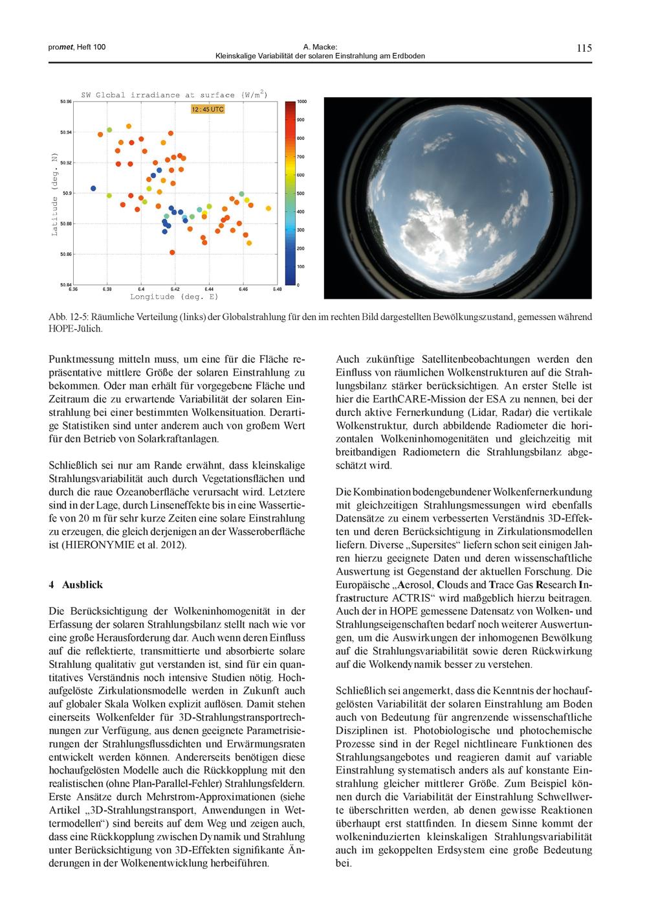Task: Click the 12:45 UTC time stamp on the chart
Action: [x=208, y=109]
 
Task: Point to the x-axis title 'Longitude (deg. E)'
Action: [x=174, y=297]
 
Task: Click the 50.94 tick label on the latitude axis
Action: [x=65, y=132]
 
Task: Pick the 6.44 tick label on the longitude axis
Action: [x=208, y=289]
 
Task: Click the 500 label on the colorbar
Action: [x=301, y=193]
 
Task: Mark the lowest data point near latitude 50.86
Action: [x=172, y=253]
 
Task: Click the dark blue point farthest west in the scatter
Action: [x=93, y=188]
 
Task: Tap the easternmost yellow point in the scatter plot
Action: [x=269, y=207]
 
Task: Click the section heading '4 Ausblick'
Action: [x=76, y=584]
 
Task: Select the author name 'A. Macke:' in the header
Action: [x=320, y=47]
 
